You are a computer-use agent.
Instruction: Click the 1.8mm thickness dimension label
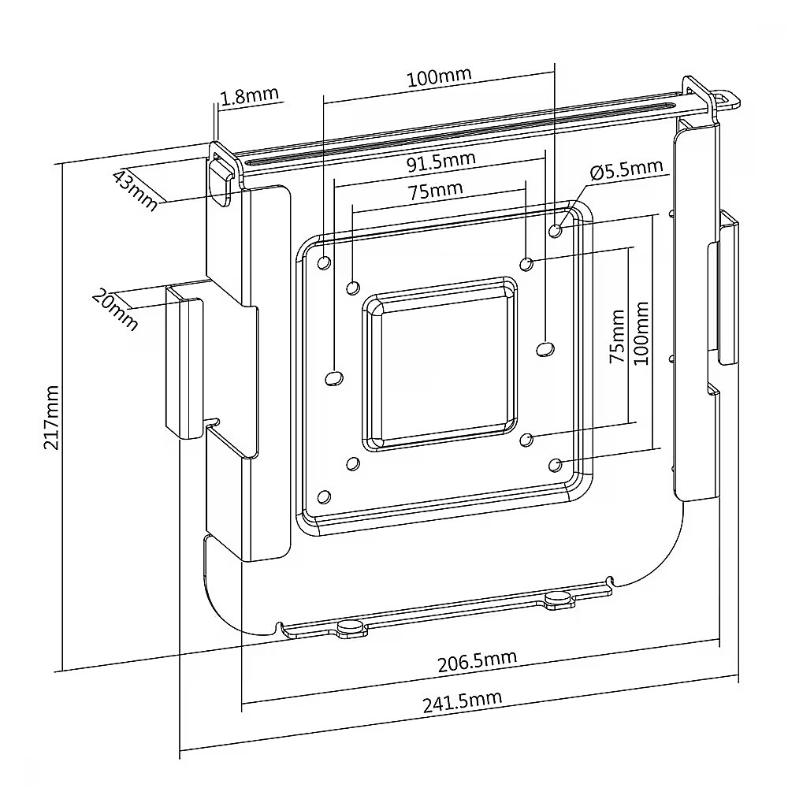pos(249,96)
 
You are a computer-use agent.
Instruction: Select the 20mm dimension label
pos(114,310)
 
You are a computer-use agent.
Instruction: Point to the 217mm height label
pos(51,417)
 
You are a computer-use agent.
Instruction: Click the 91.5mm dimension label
pos(440,162)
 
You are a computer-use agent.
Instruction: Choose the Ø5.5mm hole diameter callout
pos(626,170)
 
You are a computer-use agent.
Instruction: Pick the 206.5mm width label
pos(477,661)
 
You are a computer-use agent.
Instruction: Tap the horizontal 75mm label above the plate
pos(435,191)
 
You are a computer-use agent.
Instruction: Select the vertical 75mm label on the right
pos(617,336)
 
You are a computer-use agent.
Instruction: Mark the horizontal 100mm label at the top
pos(439,77)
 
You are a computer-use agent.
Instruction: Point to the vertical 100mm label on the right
pos(641,333)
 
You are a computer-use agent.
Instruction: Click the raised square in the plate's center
pos(439,364)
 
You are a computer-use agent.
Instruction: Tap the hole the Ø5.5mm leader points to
pos(556,231)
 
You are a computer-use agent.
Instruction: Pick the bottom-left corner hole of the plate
pos(324,497)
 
